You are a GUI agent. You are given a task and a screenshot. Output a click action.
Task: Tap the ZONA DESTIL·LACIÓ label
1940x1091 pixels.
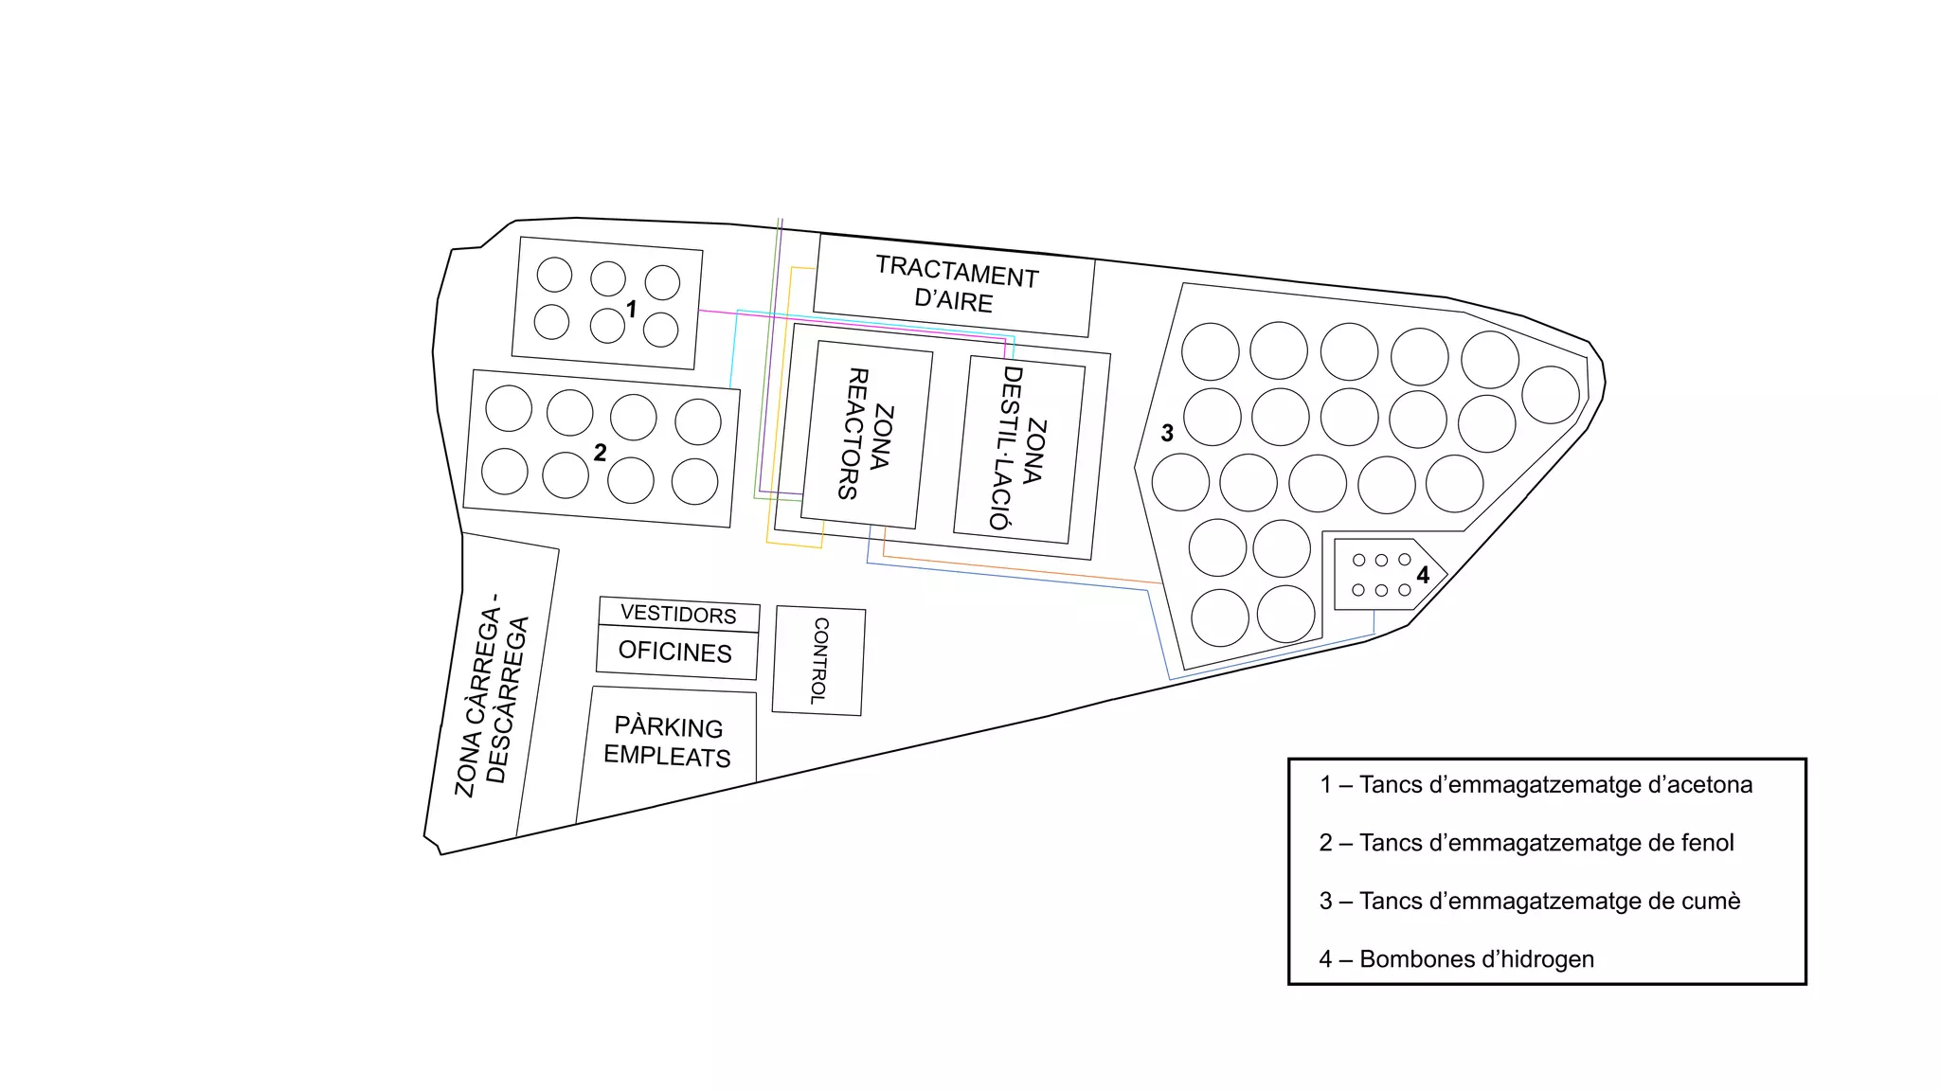pos(1018,449)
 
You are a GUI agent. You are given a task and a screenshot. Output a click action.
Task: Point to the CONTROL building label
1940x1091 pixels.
pos(819,660)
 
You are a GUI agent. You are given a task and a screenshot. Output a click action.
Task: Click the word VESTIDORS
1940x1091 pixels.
pos(678,614)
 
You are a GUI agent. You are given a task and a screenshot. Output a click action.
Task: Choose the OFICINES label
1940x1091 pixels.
pos(675,652)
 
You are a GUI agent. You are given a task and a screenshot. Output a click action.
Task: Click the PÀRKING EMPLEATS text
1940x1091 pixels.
pos(668,742)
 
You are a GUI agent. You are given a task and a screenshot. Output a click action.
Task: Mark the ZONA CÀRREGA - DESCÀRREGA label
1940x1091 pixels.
pos(492,696)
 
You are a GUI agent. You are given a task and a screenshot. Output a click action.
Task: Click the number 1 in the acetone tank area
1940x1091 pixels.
pos(632,310)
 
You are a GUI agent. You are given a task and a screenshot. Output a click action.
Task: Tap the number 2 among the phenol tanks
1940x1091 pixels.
pos(600,453)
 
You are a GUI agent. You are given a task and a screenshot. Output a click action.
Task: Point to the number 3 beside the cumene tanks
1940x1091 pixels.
pos(1167,433)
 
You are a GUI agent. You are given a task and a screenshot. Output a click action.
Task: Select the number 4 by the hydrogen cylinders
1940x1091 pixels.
pos(1423,575)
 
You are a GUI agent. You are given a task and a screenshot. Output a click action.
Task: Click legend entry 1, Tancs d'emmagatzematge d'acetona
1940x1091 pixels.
pos(1536,785)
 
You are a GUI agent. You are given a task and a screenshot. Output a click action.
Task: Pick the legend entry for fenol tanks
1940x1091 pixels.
pos(1526,843)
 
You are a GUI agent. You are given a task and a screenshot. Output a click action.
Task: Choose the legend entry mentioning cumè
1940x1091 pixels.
pos(1530,901)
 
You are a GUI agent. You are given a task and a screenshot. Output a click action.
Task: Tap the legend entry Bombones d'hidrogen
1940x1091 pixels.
pos(1457,959)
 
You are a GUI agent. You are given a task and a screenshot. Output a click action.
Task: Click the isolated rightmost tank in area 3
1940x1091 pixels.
pos(1551,394)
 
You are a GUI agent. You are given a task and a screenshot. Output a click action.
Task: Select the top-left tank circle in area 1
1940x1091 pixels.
pos(554,275)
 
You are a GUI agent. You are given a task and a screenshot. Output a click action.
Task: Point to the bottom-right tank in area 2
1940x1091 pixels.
pos(694,481)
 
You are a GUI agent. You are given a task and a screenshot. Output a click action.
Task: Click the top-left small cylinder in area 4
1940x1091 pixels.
pos(1358,561)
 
